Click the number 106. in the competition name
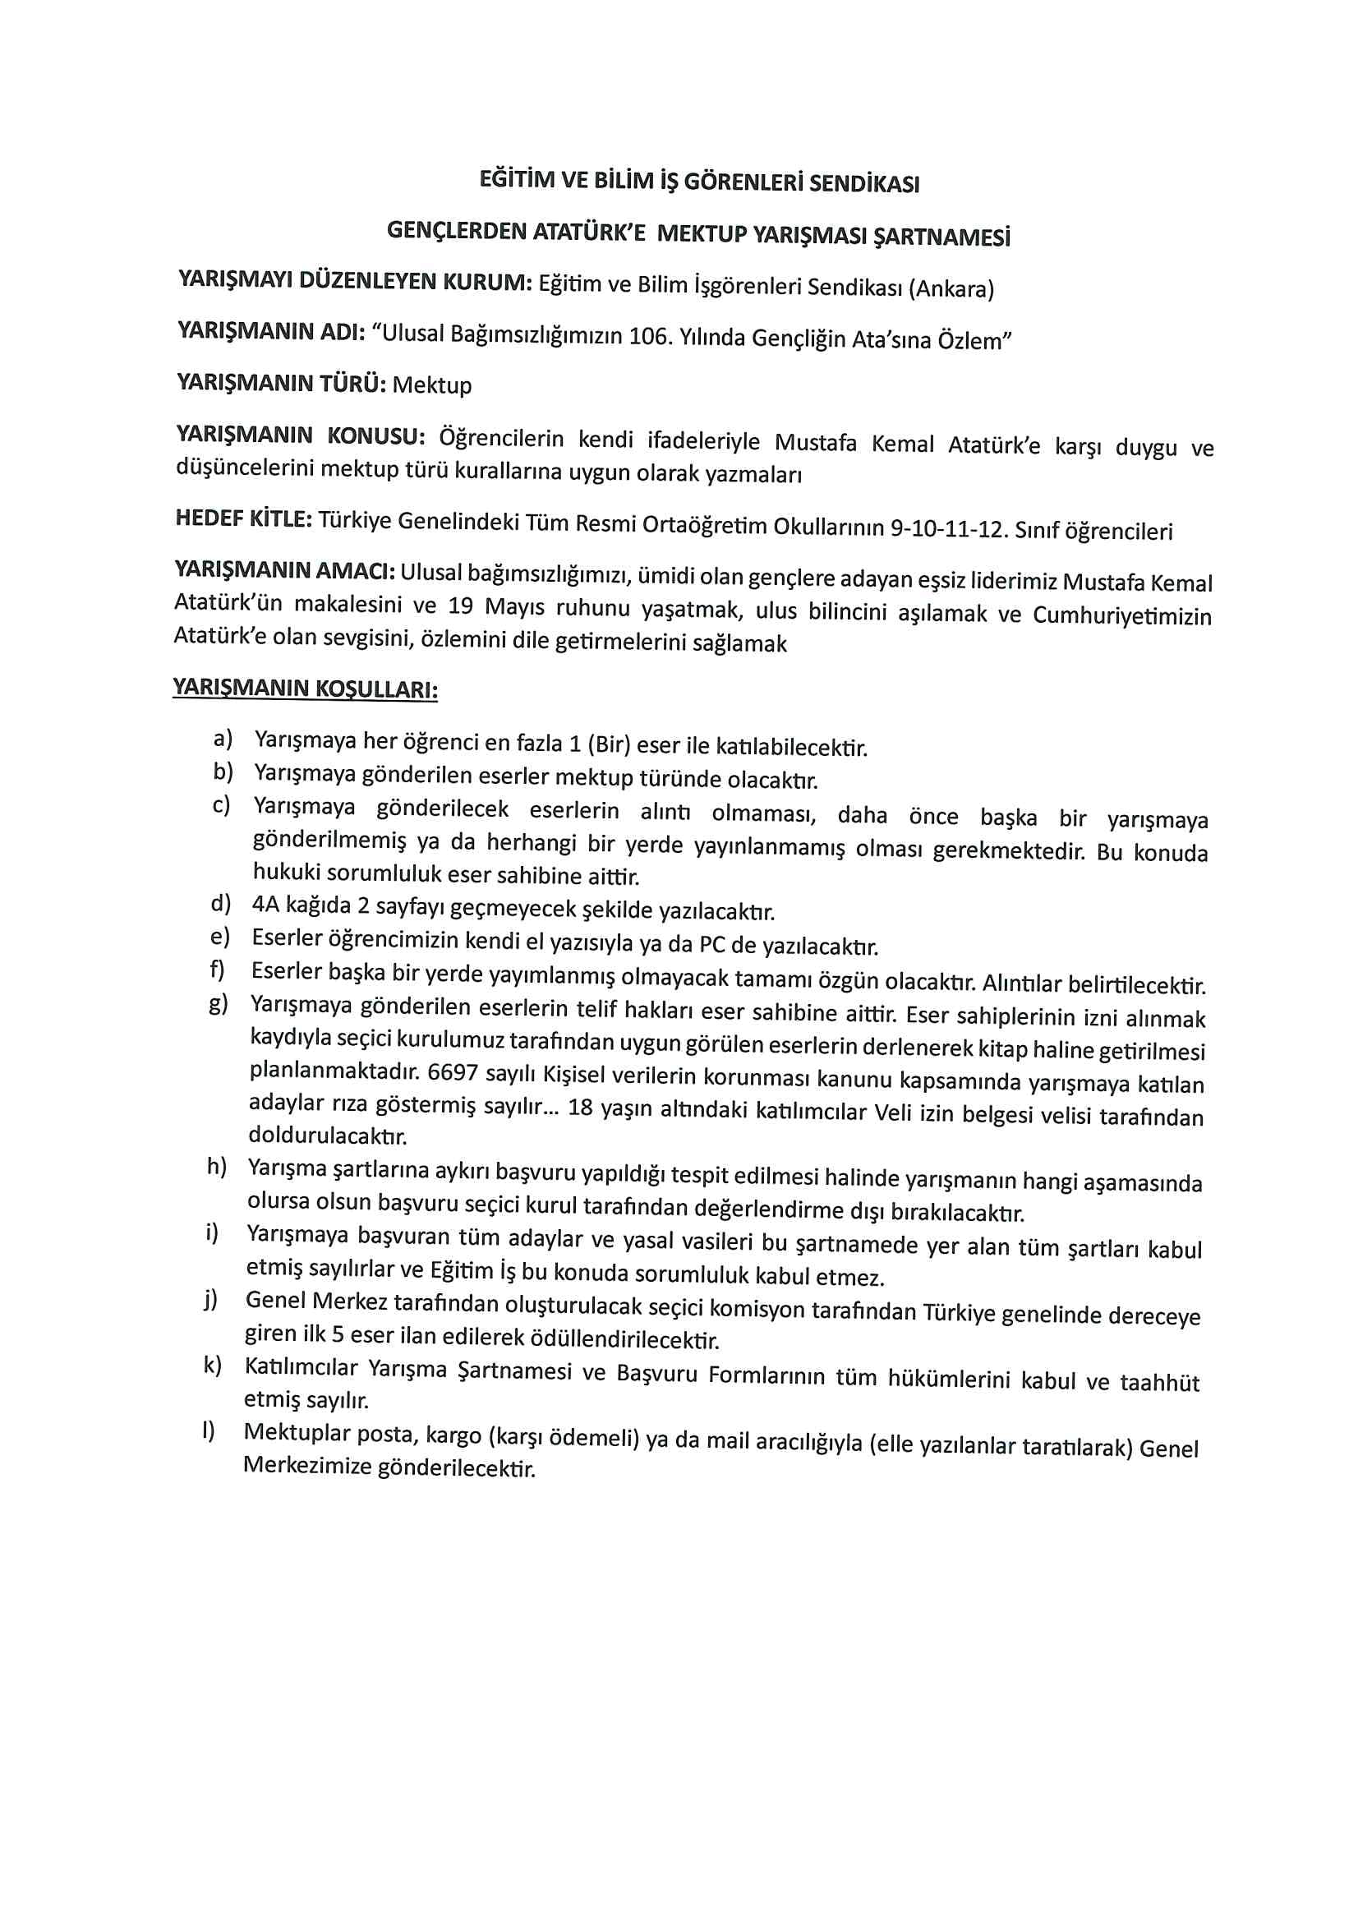tap(650, 336)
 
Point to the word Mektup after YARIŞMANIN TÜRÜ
tap(432, 385)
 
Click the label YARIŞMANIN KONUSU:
tap(301, 436)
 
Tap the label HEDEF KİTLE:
tap(243, 519)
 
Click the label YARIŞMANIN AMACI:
tap(284, 570)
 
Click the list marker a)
tap(223, 739)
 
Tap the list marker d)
tap(221, 904)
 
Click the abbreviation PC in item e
tap(712, 945)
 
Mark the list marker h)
tap(218, 1168)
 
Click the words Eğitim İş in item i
tap(473, 1272)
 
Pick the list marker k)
tap(213, 1366)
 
